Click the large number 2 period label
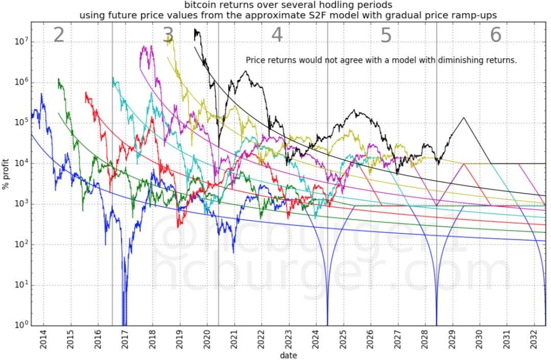[59, 35]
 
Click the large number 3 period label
[168, 35]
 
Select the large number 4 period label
[277, 35]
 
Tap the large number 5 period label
[386, 35]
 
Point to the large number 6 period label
[495, 35]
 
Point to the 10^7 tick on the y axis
[20, 42]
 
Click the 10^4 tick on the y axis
[20, 163]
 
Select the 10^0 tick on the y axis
[20, 325]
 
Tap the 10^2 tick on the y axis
[20, 245]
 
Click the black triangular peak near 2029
[464, 118]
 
